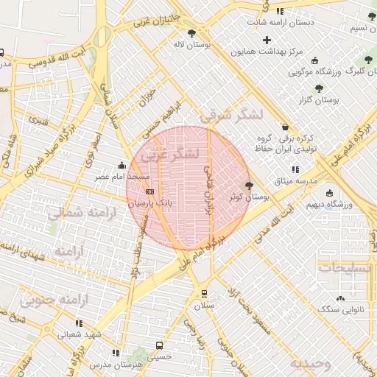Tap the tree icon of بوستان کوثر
tap(248, 186)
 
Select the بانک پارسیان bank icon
tap(150, 191)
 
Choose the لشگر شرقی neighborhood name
tap(230, 114)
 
